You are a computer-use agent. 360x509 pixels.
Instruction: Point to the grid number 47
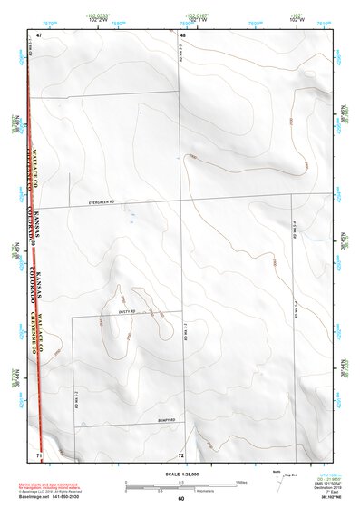40,34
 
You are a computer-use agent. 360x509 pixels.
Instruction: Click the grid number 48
182,34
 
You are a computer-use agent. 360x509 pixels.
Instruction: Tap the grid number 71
39,454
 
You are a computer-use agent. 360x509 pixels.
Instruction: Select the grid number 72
181,455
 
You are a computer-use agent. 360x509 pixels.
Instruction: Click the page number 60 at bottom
181,499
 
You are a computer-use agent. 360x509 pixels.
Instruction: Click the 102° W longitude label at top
297,15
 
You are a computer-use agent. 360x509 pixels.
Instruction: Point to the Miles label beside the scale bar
242,482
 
